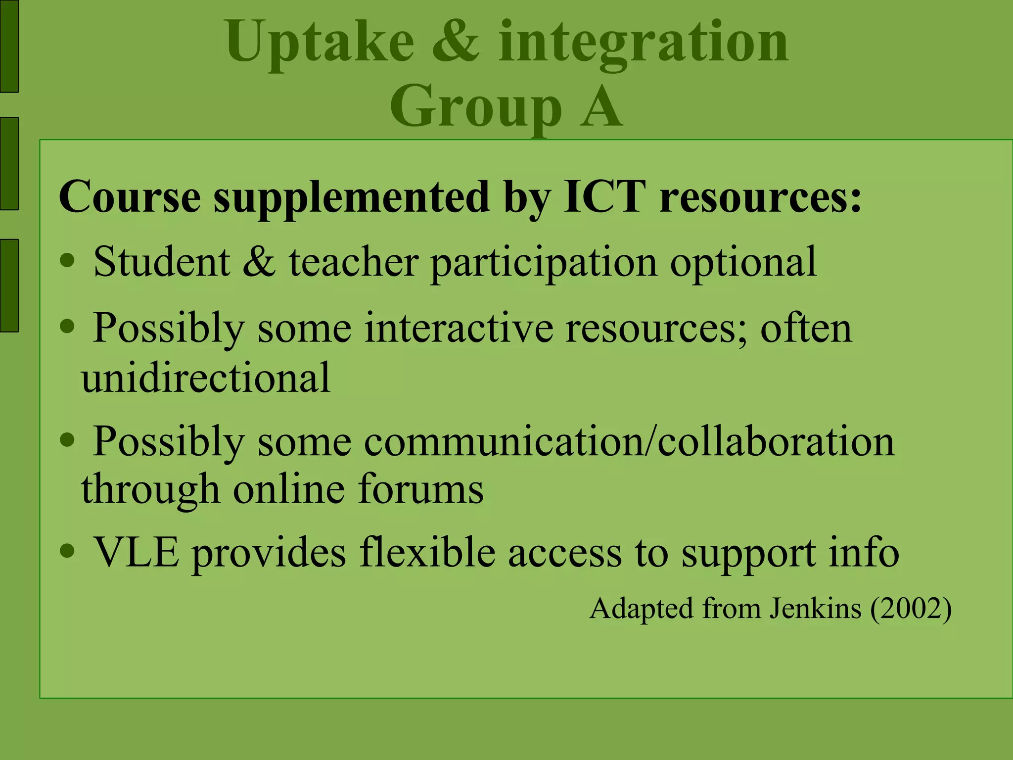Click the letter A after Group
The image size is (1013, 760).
(x=601, y=107)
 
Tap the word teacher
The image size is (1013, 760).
(x=354, y=262)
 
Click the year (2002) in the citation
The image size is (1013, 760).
(x=911, y=609)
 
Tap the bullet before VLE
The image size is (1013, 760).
(x=67, y=550)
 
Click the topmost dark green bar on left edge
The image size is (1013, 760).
(x=9, y=46)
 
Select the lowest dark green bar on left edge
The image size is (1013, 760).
(x=9, y=285)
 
